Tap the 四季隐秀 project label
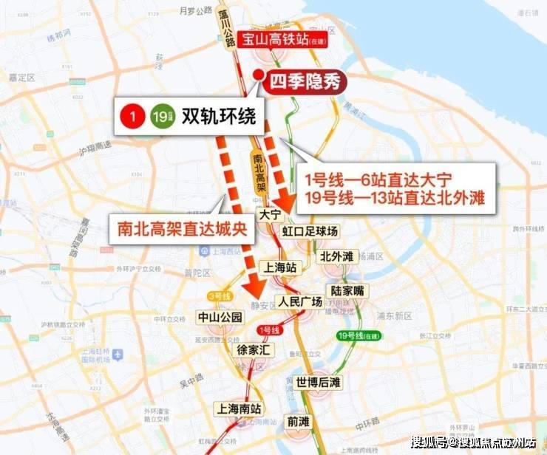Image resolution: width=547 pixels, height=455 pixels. (x=305, y=81)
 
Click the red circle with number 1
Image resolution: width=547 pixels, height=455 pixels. (x=132, y=116)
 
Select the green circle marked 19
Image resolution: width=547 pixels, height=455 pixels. (x=159, y=116)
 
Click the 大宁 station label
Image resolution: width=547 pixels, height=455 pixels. (x=270, y=215)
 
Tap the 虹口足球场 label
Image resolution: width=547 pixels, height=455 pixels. (x=310, y=232)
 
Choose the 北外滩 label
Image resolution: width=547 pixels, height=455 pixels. (x=338, y=256)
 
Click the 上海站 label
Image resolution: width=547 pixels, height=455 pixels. (x=281, y=267)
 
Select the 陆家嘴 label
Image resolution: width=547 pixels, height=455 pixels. (x=348, y=290)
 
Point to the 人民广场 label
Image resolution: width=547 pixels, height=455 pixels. (x=299, y=301)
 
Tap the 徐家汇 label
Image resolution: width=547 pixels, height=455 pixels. (x=252, y=349)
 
